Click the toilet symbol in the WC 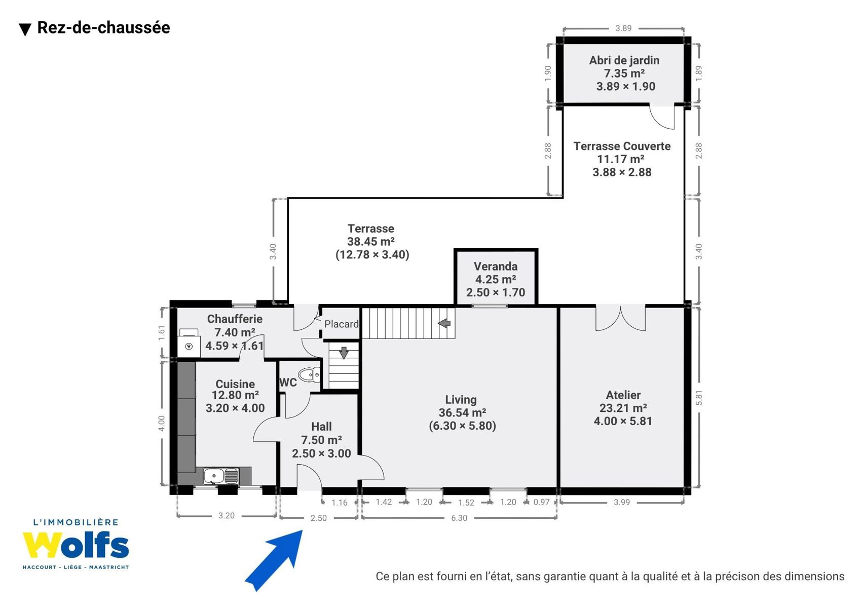[310, 374]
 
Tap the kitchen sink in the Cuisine [221, 476]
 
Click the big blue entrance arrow [274, 560]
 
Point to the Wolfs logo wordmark [76, 545]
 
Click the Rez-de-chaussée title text [103, 28]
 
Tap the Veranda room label [496, 267]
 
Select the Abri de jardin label [624, 60]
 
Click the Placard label [342, 324]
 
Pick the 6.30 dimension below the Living [459, 518]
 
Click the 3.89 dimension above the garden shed [623, 28]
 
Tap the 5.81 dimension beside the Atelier [699, 398]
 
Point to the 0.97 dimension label [541, 502]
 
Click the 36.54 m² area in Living [462, 413]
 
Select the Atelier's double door [620, 318]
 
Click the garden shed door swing [662, 117]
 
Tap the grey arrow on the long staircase [444, 323]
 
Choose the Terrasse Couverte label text [622, 146]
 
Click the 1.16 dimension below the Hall [340, 503]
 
